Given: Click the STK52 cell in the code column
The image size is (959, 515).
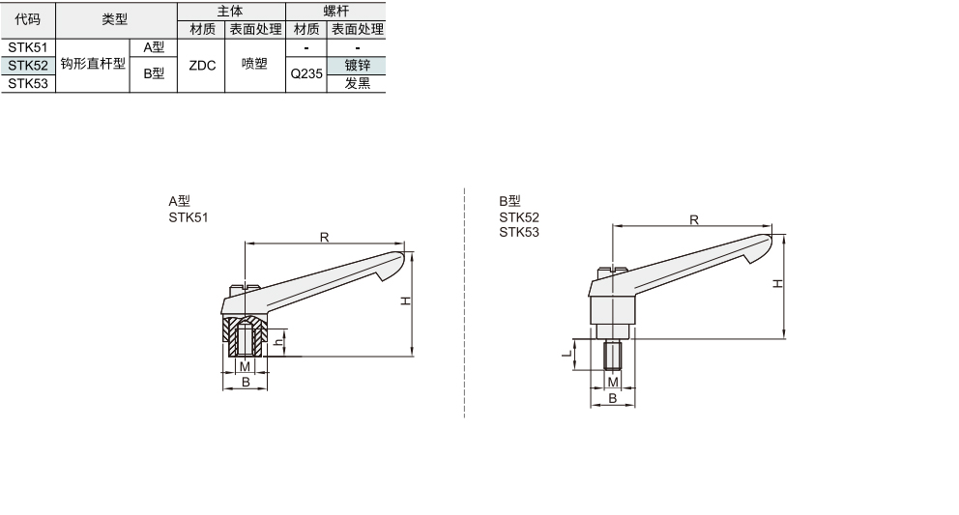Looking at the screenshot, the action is click(x=27, y=66).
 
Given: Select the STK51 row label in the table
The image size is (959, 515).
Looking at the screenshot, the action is click(x=27, y=47).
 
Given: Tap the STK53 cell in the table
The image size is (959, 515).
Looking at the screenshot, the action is click(x=27, y=84).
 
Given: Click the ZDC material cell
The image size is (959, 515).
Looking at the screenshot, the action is click(x=202, y=66).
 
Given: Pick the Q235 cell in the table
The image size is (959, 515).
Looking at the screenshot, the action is click(x=306, y=74).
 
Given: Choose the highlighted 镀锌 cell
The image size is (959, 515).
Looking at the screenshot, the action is click(x=357, y=66).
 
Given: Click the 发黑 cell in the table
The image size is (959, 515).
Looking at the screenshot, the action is click(x=357, y=84).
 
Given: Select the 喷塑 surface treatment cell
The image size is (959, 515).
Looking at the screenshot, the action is click(x=254, y=64).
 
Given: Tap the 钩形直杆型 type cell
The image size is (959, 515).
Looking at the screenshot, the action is click(x=93, y=64).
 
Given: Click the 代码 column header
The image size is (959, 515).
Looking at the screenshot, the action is click(x=27, y=19).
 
